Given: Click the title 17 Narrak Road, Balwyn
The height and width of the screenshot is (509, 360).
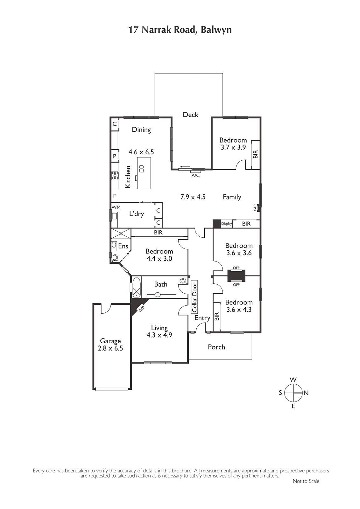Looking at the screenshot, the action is tap(180, 30).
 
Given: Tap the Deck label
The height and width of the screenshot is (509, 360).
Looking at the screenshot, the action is tap(191, 115).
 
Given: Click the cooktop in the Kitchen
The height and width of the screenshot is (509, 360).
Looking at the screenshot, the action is tap(115, 176).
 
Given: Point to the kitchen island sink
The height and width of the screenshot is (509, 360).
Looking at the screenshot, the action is tap(141, 169).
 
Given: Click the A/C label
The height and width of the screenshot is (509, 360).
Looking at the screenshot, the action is tap(195, 175).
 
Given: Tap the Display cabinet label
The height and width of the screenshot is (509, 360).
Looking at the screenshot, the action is tap(227, 224).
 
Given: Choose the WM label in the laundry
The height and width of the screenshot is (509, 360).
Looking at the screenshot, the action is tap(116, 207).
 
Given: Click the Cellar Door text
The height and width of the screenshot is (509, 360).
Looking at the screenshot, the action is tap(195, 296).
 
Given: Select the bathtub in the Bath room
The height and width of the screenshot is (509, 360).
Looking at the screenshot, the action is tap(137, 287).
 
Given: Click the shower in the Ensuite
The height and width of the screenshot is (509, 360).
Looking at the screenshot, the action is tap(121, 233).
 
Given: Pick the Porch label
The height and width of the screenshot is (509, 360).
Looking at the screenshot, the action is tap(216, 347).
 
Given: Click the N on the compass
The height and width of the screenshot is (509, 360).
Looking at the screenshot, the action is tap(306, 393).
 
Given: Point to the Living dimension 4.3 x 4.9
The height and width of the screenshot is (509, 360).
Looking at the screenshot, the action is tap(159, 335).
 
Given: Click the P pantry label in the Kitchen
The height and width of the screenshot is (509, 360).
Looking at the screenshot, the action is tap(115, 156).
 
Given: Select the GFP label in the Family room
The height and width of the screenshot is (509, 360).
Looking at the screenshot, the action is tap(255, 207).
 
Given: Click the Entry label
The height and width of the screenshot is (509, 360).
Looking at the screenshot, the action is tap(202, 318).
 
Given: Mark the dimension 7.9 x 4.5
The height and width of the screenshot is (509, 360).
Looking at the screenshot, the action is tap(193, 197).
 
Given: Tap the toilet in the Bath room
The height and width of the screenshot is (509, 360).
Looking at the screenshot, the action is tap(183, 281).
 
